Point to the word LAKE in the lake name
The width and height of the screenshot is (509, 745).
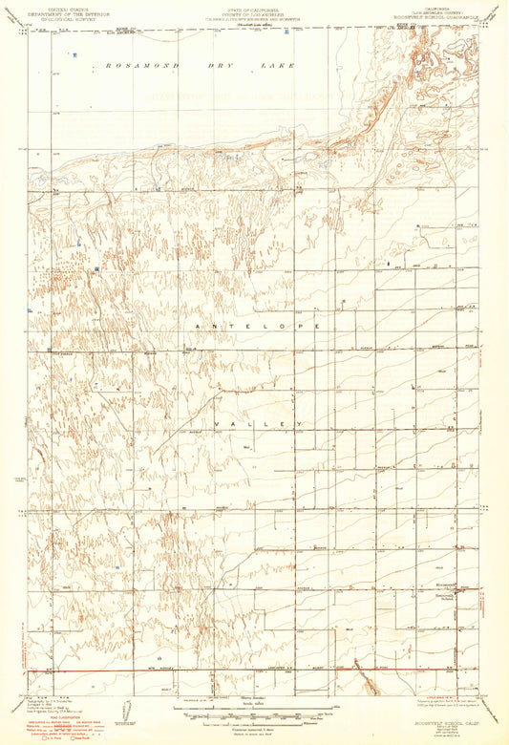pos(281,66)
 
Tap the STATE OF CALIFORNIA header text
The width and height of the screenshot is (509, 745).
pos(253,7)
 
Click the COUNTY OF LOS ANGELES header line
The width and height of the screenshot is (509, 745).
pos(253,12)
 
